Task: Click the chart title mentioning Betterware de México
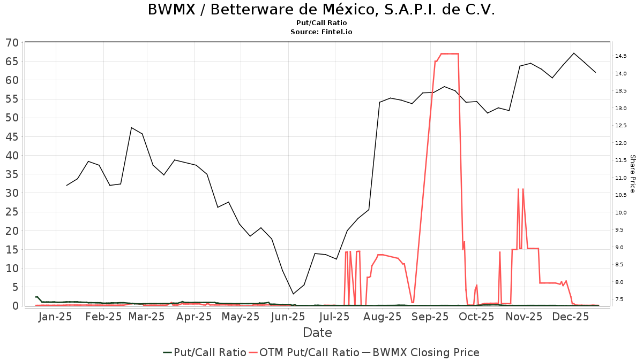(x=321, y=10)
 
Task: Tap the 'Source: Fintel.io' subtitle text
(x=321, y=32)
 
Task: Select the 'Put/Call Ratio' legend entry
(x=204, y=352)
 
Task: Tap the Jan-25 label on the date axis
(x=56, y=317)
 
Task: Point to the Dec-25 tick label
(x=571, y=317)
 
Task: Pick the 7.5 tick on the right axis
(x=620, y=299)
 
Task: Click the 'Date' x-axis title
(x=317, y=333)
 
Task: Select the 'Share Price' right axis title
(x=632, y=174)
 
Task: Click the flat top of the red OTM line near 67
(x=449, y=53)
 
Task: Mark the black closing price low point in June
(x=293, y=294)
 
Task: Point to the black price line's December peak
(x=574, y=53)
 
